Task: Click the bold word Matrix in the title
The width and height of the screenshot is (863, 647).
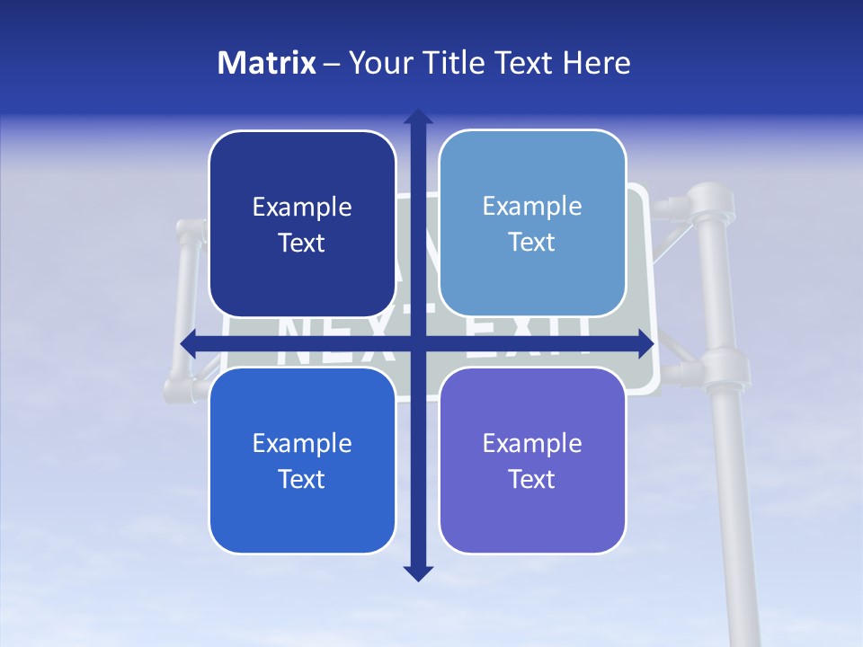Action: coord(267,63)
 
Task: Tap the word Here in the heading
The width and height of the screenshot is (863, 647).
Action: coord(596,63)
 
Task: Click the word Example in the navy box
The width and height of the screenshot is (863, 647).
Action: coord(302,208)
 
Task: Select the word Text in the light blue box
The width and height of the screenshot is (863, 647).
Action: coord(532,243)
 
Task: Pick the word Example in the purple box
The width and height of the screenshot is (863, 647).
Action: coord(532,443)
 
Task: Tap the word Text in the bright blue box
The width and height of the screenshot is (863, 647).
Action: coord(302,479)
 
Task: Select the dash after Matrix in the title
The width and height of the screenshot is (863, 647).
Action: coord(332,64)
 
